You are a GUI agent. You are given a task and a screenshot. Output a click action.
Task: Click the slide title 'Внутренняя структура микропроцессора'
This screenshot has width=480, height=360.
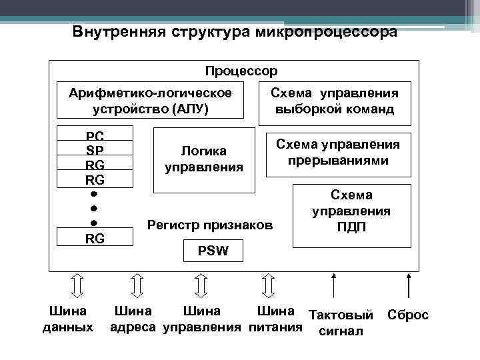point(235,32)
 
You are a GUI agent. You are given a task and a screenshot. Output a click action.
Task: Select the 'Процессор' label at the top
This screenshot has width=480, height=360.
point(241,70)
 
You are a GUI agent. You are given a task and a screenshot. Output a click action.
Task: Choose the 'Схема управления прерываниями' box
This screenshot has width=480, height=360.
point(338,153)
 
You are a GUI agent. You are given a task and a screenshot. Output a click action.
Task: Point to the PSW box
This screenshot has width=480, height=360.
point(213,251)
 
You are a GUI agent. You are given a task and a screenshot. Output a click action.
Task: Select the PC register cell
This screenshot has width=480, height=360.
point(95,135)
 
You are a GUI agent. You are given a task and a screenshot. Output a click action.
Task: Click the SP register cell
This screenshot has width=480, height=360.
point(95,149)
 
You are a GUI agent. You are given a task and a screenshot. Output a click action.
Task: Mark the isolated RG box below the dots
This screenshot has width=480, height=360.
point(95,238)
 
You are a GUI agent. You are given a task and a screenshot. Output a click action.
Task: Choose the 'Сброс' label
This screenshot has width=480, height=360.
point(408,315)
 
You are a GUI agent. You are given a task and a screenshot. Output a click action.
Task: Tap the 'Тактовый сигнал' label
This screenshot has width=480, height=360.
point(340,322)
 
